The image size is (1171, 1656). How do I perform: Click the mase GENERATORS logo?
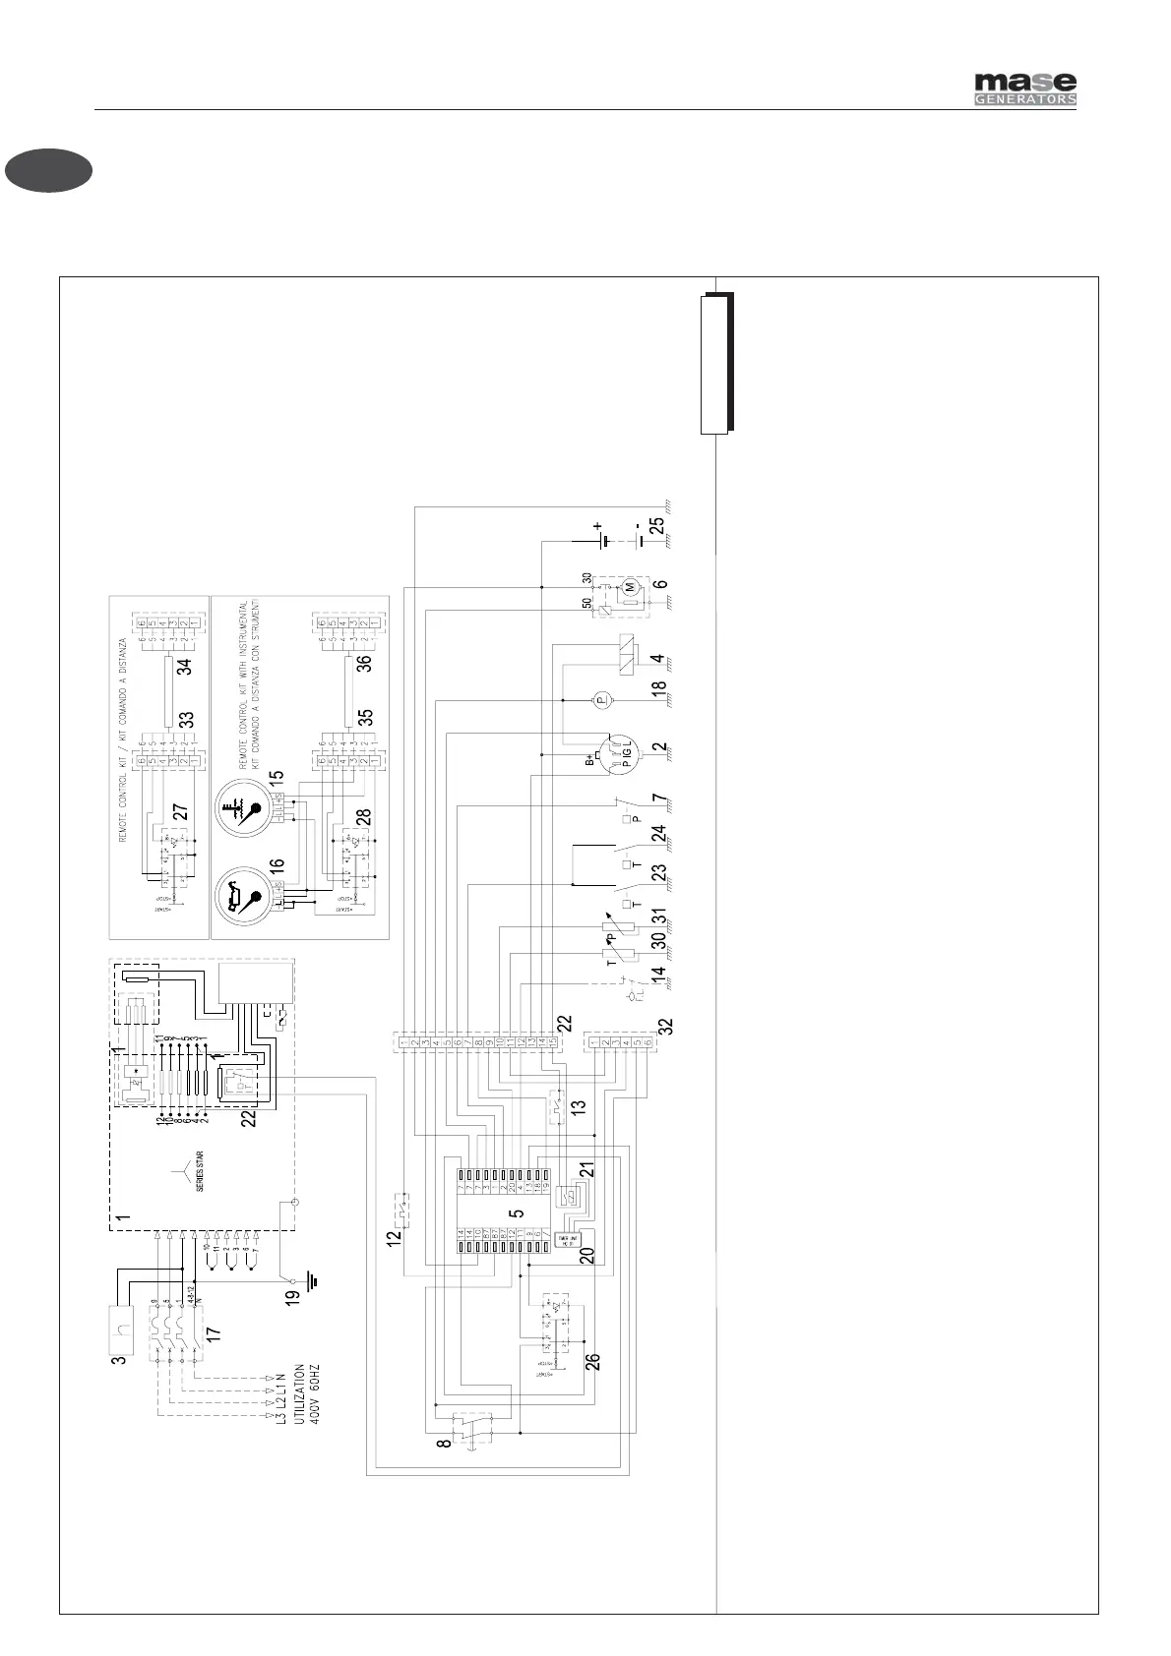tap(1024, 89)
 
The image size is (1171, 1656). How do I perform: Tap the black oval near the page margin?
tap(48, 170)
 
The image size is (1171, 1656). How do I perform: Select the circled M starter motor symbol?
tap(625, 587)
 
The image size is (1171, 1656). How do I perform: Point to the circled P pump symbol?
tap(601, 699)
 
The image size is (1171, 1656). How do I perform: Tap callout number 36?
tap(364, 664)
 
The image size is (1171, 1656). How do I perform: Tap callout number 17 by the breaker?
tap(214, 1334)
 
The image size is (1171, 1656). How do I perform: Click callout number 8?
tap(445, 1444)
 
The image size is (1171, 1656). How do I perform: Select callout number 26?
tap(592, 1363)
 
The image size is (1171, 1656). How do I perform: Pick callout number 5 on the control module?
tap(516, 1213)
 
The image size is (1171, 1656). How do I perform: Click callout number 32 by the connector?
tap(667, 1025)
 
